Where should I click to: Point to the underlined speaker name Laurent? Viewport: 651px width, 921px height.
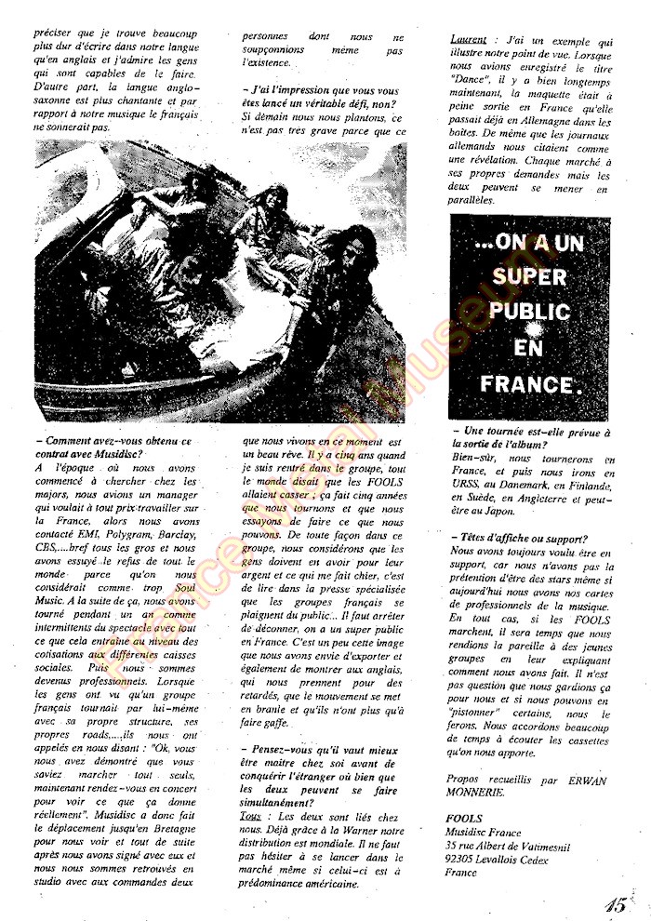point(469,41)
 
